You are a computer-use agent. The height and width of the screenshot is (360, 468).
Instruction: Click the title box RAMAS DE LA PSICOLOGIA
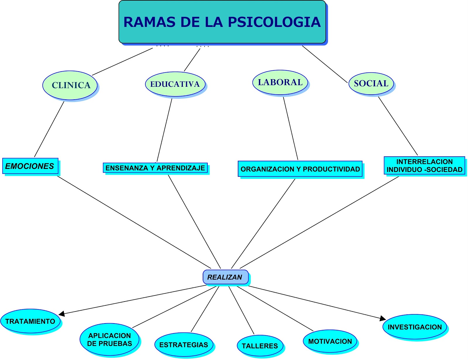tap(222, 22)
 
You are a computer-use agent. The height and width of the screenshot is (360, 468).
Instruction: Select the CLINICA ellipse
tap(70, 85)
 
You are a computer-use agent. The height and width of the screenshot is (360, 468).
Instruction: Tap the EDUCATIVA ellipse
tap(175, 84)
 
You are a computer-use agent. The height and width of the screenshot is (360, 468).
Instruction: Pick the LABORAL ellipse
tap(280, 82)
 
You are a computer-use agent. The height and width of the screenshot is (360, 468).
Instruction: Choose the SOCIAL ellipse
tap(371, 84)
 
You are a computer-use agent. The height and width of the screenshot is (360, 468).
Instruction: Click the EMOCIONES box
tap(30, 166)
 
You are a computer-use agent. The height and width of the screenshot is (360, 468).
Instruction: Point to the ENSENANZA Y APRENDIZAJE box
tap(155, 168)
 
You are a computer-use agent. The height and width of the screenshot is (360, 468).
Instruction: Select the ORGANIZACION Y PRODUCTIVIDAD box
tap(300, 169)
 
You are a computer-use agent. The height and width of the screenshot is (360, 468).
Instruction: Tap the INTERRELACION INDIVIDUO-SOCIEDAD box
tap(424, 165)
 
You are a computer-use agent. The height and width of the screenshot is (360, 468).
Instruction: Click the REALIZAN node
tap(225, 277)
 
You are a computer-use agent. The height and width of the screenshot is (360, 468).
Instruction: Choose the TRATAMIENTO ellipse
tap(30, 321)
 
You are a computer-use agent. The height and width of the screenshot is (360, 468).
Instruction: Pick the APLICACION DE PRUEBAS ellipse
tap(109, 339)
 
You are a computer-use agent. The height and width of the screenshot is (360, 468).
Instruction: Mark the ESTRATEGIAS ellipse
tap(184, 345)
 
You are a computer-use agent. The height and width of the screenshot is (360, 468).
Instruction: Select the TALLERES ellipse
tap(260, 346)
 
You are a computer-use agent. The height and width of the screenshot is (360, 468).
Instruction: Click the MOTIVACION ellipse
tap(330, 341)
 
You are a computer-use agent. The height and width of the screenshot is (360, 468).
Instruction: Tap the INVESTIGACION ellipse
tap(414, 327)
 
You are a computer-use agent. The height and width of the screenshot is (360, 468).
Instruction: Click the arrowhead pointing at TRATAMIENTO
tap(61, 314)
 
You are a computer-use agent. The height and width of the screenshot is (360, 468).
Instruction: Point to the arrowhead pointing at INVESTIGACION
tap(383, 319)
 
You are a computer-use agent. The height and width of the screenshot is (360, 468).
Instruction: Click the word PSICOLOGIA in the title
tap(274, 22)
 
